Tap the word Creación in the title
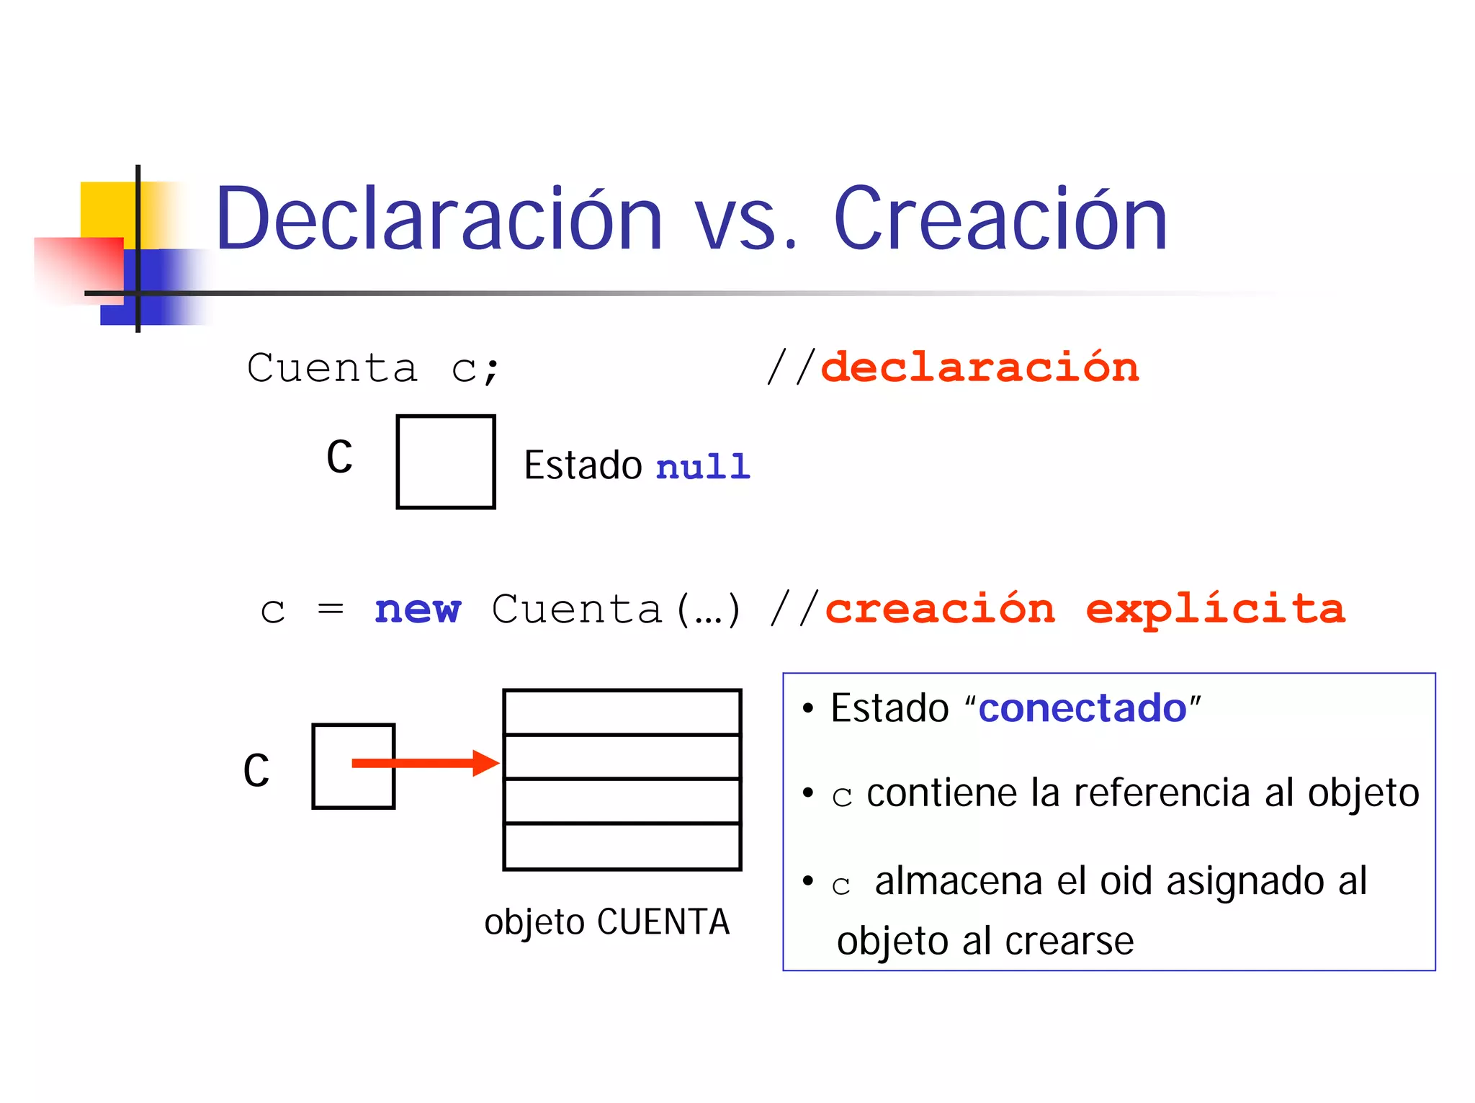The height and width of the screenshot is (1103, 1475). [1000, 218]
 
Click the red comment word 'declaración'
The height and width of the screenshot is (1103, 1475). [979, 367]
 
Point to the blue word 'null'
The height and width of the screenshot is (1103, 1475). [703, 466]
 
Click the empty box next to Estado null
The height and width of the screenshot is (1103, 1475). [445, 462]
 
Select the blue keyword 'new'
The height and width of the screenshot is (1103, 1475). [417, 609]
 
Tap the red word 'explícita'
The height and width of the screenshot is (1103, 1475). [1215, 609]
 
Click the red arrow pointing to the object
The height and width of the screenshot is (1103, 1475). [425, 763]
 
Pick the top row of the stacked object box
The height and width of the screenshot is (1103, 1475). [622, 712]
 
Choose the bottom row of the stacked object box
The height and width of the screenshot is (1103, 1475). [622, 847]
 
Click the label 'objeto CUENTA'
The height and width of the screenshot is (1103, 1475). [606, 922]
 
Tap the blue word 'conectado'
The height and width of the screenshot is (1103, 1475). [1082, 708]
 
